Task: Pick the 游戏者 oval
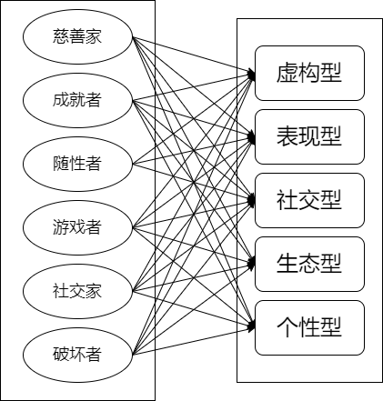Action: tap(77, 226)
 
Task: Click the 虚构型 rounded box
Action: tap(308, 73)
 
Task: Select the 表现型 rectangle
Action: tap(308, 136)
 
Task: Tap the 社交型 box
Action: tap(308, 200)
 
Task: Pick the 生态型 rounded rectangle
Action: tap(308, 264)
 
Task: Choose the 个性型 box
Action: tap(308, 327)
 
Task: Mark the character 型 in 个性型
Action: tap(331, 327)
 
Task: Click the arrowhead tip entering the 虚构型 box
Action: tap(255, 73)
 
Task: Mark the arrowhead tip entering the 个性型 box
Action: tap(255, 327)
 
